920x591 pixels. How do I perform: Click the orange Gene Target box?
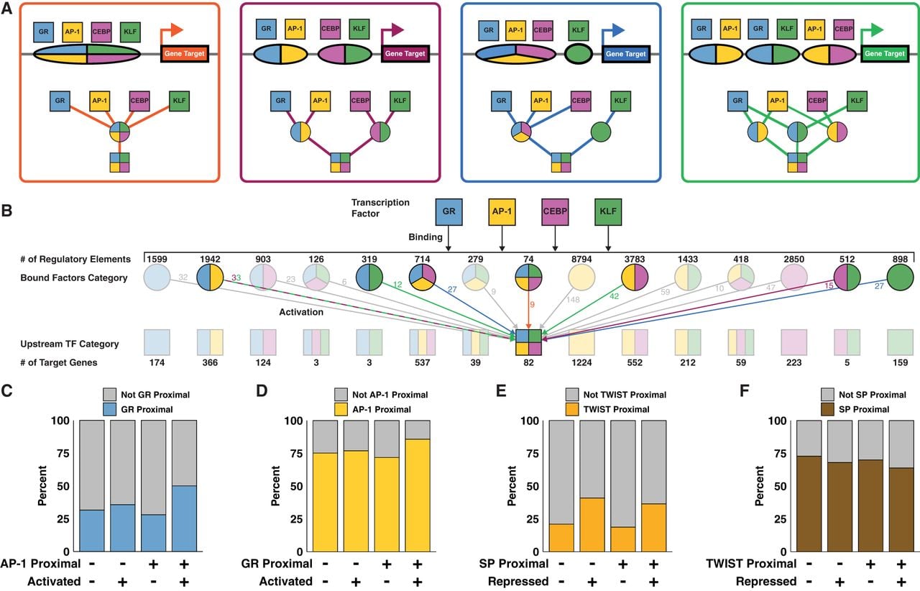[x=185, y=53]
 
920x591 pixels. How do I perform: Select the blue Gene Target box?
[x=625, y=54]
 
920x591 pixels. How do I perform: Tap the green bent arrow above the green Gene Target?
[x=870, y=33]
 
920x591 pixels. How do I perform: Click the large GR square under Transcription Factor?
[x=448, y=211]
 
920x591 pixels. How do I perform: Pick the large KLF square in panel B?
[x=608, y=211]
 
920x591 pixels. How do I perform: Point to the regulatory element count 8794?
[x=581, y=259]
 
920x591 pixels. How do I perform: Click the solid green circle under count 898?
[x=901, y=278]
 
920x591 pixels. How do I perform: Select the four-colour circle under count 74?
[x=528, y=278]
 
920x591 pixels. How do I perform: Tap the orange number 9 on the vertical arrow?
[x=533, y=305]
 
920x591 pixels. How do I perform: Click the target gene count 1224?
[x=581, y=362]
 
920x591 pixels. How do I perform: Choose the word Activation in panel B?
[x=301, y=312]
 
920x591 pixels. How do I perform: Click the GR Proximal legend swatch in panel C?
[x=110, y=409]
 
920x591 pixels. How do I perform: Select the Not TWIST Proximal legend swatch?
[x=572, y=395]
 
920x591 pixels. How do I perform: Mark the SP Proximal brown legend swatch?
[x=827, y=409]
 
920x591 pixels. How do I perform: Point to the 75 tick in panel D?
[x=293, y=454]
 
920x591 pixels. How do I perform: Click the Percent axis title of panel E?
[x=512, y=485]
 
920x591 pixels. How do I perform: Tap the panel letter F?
[x=744, y=391]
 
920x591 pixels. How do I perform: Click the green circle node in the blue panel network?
[x=601, y=132]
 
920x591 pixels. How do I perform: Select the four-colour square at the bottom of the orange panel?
[x=119, y=162]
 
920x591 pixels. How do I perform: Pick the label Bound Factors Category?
[x=74, y=278]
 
